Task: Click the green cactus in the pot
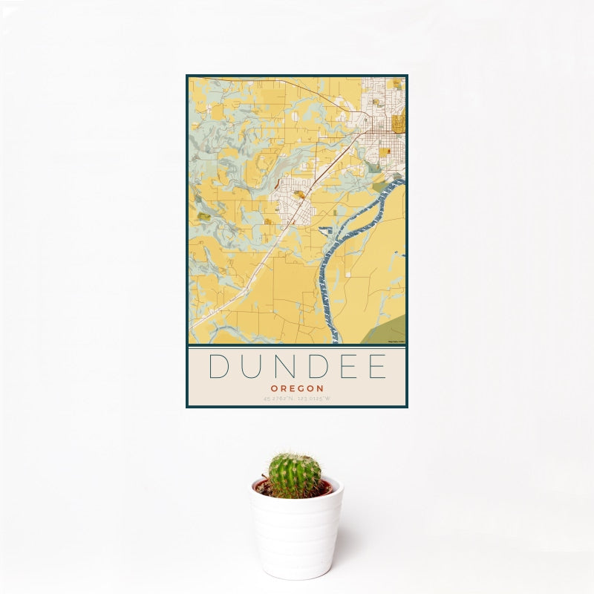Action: (295, 476)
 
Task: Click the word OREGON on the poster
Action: (296, 388)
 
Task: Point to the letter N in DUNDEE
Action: (285, 368)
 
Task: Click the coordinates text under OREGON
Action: (296, 400)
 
